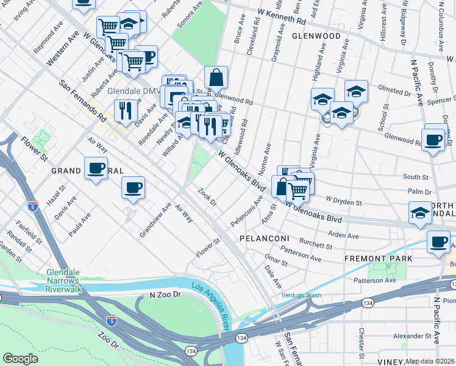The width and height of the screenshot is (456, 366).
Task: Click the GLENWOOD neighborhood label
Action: click(316, 36)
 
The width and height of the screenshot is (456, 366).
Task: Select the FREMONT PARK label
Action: click(378, 259)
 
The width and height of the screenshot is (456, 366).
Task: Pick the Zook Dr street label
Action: click(208, 198)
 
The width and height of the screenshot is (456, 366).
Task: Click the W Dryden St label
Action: click(344, 199)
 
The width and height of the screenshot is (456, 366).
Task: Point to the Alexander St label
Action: click(411, 336)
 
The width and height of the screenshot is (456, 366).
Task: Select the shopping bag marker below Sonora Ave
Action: click(216, 77)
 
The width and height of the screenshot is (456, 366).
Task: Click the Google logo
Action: click(20, 359)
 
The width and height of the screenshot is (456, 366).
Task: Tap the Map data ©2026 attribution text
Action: click(430, 361)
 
